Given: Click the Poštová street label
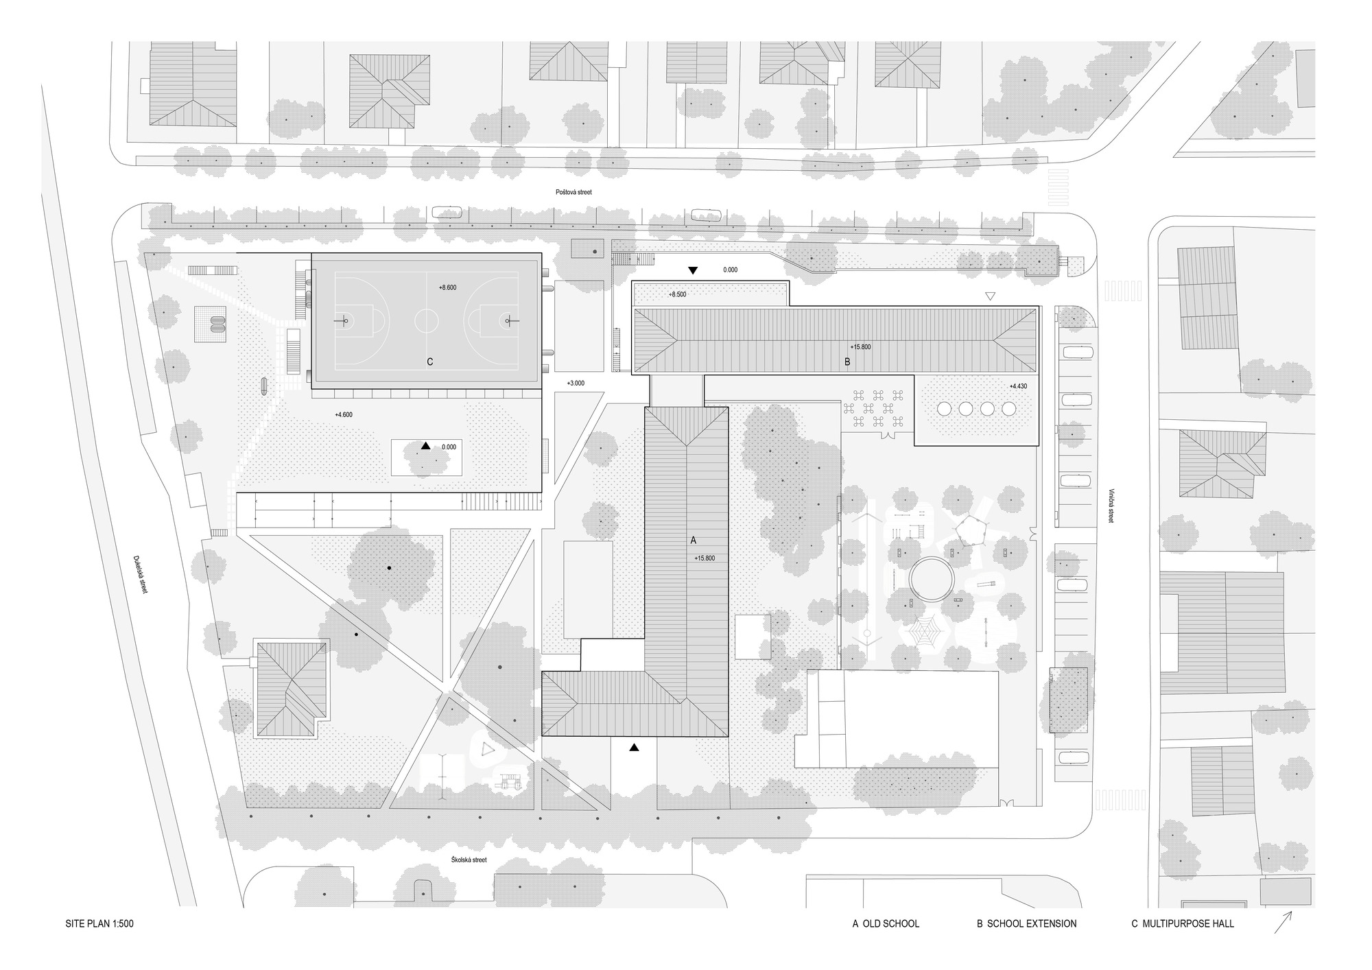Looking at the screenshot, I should tap(573, 193).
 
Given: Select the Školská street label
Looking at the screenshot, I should tap(469, 860).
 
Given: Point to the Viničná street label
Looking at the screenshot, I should tap(1111, 506).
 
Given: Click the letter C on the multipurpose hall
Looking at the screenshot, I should tap(429, 362).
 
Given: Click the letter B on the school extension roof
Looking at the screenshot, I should tap(847, 362).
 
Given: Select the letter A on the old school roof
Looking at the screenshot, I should tap(693, 541).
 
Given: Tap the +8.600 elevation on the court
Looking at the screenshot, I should tap(447, 287).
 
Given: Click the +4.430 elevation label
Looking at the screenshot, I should tap(1018, 386).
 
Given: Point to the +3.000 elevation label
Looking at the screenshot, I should tap(575, 383).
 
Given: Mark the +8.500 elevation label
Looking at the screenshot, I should tap(677, 294).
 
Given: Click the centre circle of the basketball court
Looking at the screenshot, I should tap(427, 320).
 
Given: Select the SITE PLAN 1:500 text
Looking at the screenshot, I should tap(99, 924).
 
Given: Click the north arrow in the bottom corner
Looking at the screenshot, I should tap(1283, 921).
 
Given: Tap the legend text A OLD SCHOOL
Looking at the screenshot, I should tap(886, 924).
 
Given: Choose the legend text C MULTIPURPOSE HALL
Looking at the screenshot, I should tap(1182, 924).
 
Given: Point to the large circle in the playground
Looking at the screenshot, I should tap(931, 580).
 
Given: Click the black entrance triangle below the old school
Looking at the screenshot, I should tap(635, 748).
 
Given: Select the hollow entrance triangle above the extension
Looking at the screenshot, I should tap(989, 296).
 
